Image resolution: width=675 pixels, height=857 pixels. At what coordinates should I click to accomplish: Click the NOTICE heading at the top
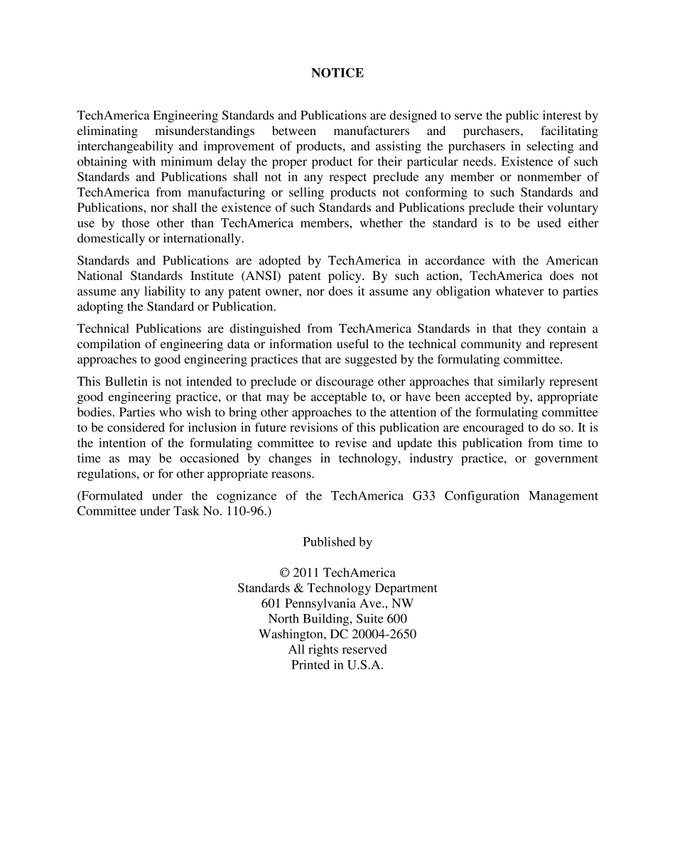click(x=337, y=73)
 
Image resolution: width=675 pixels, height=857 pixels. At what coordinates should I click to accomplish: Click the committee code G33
click(x=424, y=496)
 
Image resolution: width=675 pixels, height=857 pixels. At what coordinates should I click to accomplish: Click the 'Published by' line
click(x=337, y=542)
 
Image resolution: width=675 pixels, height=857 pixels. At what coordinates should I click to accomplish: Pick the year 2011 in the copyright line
click(x=306, y=573)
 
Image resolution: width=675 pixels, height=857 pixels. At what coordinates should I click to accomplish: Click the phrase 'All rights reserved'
click(x=337, y=650)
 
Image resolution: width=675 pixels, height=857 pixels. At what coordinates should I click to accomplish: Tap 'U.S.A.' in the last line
click(x=364, y=665)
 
